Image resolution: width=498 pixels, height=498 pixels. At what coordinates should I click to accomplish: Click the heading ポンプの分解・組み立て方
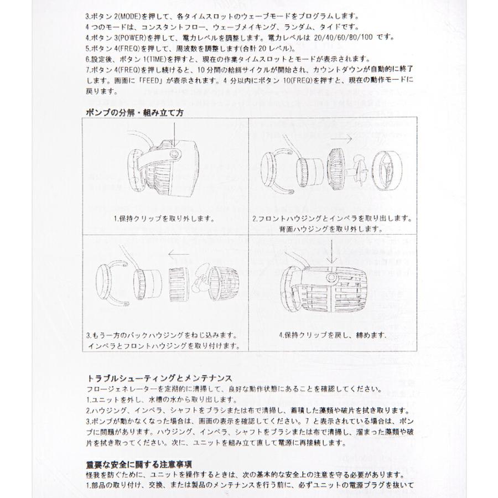pyautogui.click(x=134, y=113)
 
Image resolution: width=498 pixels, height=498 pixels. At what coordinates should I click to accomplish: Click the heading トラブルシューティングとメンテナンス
pyautogui.click(x=159, y=378)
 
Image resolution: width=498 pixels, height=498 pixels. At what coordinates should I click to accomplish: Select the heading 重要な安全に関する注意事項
pyautogui.click(x=139, y=465)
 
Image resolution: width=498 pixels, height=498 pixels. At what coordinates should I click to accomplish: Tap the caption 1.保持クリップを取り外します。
pyautogui.click(x=164, y=219)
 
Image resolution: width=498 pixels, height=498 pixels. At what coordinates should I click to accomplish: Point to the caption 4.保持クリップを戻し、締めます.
pyautogui.click(x=333, y=335)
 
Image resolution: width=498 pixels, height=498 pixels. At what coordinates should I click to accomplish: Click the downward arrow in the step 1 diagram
pyautogui.click(x=174, y=135)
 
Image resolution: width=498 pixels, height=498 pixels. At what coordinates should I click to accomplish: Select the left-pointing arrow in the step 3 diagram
pyautogui.click(x=179, y=254)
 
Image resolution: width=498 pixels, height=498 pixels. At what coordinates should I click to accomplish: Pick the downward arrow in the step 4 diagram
pyautogui.click(x=332, y=252)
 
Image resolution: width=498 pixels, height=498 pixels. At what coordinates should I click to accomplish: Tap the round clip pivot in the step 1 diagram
pyautogui.click(x=174, y=154)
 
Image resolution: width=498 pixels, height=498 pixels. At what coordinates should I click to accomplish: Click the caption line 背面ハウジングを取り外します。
pyautogui.click(x=331, y=229)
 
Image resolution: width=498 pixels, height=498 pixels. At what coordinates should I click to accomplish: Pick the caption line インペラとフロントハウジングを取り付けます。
pyautogui.click(x=164, y=345)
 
